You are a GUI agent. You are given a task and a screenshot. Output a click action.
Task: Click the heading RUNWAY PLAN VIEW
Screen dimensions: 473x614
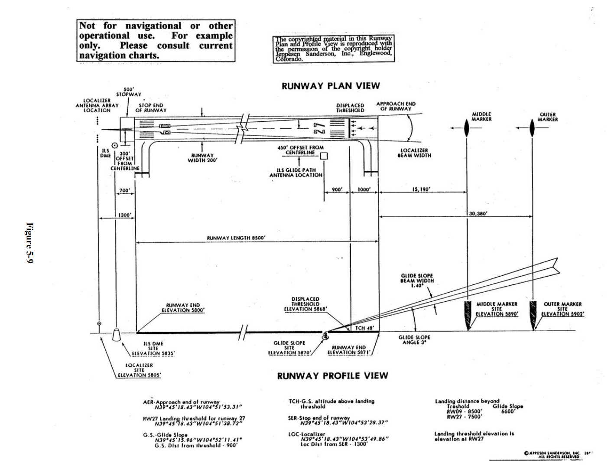pyautogui.click(x=331, y=86)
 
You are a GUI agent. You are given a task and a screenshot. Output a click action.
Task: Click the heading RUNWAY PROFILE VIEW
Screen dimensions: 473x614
pyautogui.click(x=332, y=375)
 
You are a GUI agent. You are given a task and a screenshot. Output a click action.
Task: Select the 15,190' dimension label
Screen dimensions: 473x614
pyautogui.click(x=421, y=189)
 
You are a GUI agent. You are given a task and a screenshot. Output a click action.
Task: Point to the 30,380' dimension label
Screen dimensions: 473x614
pyautogui.click(x=478, y=213)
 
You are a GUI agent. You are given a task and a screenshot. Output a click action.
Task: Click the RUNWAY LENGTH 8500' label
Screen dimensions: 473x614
pyautogui.click(x=236, y=238)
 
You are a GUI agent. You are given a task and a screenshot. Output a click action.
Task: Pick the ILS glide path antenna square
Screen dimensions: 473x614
pyautogui.click(x=324, y=156)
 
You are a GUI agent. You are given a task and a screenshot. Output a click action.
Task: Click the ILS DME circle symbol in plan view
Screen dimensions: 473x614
pyautogui.click(x=115, y=146)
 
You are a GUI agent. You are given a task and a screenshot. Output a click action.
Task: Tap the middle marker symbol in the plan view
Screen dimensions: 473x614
pyautogui.click(x=467, y=128)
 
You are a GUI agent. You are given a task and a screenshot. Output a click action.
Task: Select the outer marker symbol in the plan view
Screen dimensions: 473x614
pyautogui.click(x=533, y=128)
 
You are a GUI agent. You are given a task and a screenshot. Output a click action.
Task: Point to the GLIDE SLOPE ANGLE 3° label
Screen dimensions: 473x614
pyautogui.click(x=414, y=339)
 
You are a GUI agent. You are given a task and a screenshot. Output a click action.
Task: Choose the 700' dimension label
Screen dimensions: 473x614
pyautogui.click(x=125, y=190)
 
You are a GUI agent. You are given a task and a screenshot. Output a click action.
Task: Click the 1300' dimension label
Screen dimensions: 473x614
pyautogui.click(x=125, y=215)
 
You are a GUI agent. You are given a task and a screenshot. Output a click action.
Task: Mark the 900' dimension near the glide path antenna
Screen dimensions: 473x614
pyautogui.click(x=337, y=189)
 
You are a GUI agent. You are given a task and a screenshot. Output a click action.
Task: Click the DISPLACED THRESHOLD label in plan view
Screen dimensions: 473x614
pyautogui.click(x=350, y=108)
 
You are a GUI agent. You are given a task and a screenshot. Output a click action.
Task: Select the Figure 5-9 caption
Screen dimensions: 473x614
pyautogui.click(x=29, y=243)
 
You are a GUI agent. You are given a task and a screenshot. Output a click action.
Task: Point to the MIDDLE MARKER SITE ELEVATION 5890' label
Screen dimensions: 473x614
pyautogui.click(x=497, y=309)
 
